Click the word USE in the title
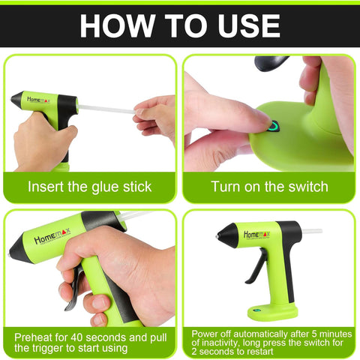tap(241, 25)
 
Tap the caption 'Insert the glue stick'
tap(90, 187)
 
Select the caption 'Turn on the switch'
tap(269, 187)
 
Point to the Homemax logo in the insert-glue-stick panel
tap(40, 99)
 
